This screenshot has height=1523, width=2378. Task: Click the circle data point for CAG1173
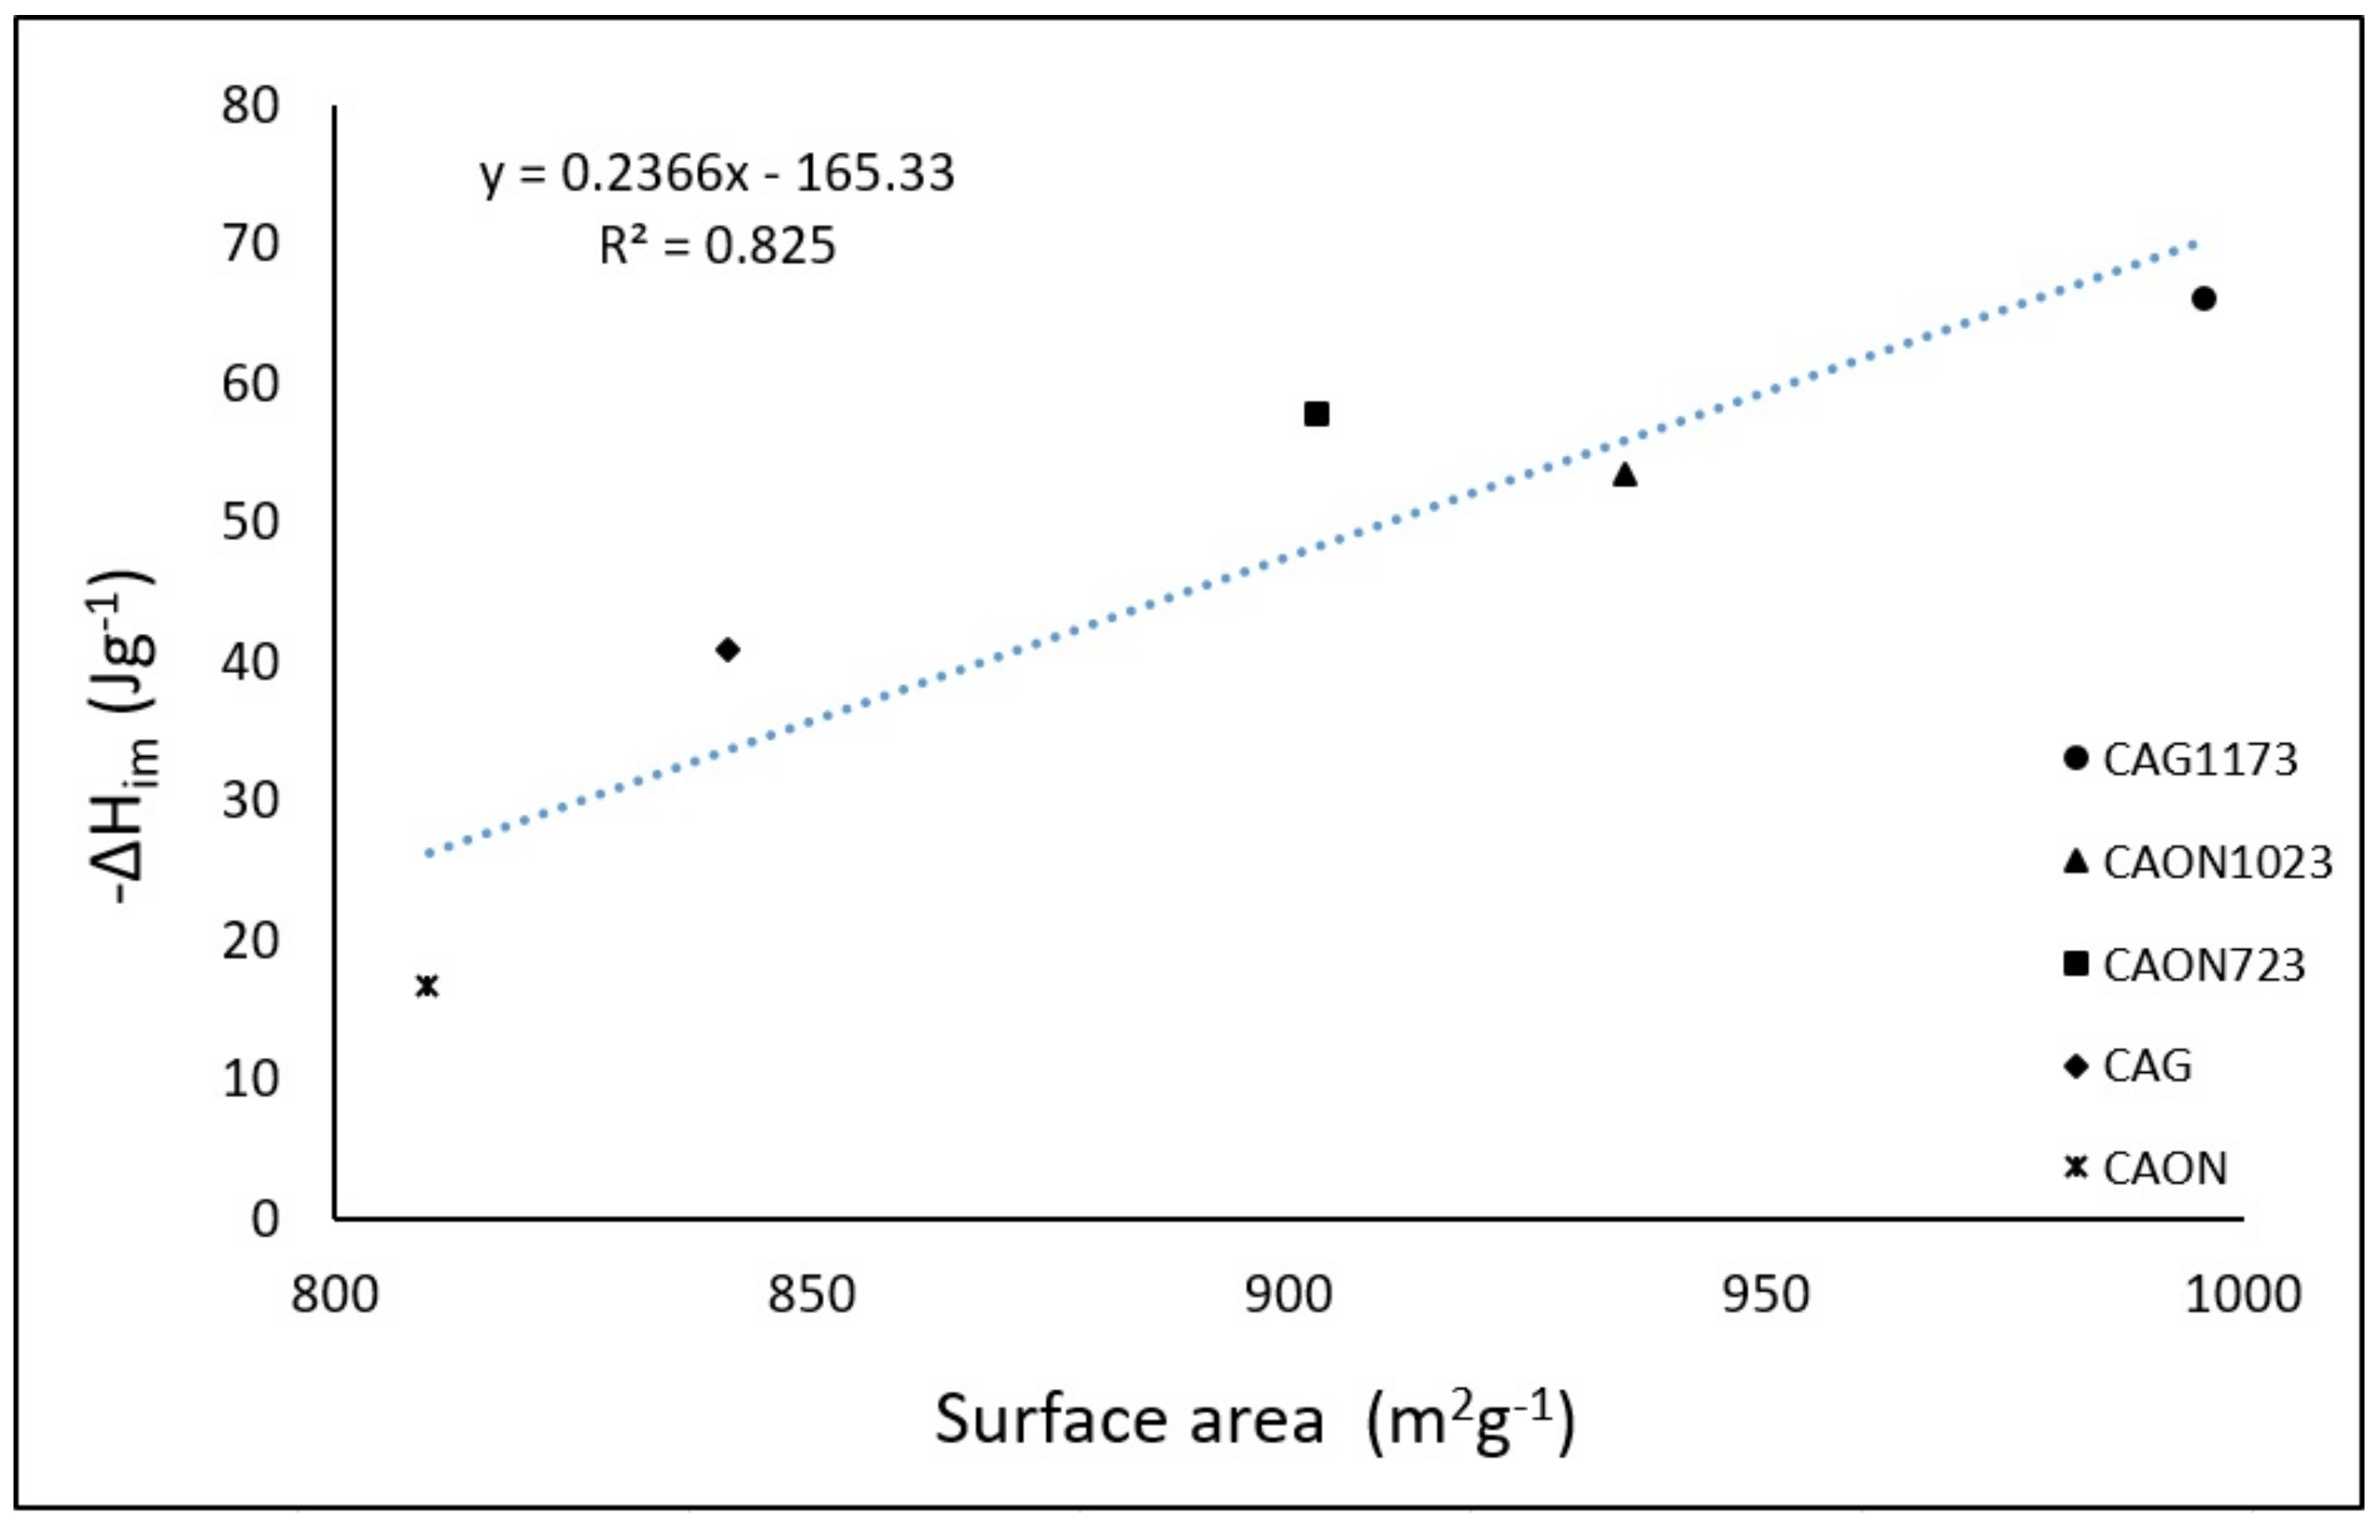[2203, 299]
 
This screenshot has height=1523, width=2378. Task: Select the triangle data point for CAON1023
[1624, 475]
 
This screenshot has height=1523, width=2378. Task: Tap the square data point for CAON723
[1316, 413]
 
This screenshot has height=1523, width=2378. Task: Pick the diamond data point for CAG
[727, 650]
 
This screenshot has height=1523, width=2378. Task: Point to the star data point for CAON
[427, 985]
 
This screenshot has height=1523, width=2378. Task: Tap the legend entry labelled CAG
[2146, 1066]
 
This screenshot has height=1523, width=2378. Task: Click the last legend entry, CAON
[2165, 1169]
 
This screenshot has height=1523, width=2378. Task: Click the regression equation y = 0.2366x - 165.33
[717, 174]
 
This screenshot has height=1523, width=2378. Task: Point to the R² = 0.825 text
[717, 245]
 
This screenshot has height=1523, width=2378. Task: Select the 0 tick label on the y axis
[265, 1220]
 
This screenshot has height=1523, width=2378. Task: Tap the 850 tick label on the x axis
[811, 1294]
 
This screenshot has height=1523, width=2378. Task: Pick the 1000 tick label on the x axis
[2242, 1294]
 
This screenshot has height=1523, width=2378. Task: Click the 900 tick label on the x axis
[1288, 1294]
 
